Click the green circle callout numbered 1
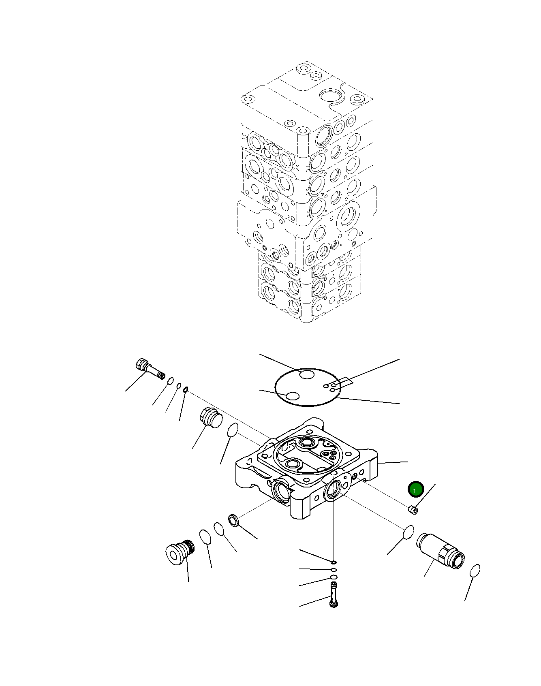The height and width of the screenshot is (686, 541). tap(415, 489)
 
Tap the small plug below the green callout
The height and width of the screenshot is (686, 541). tap(413, 509)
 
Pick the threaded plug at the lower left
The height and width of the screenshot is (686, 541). tap(180, 552)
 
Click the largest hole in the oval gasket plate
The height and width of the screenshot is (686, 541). tap(307, 375)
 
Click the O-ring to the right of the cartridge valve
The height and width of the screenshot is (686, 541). tap(475, 571)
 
